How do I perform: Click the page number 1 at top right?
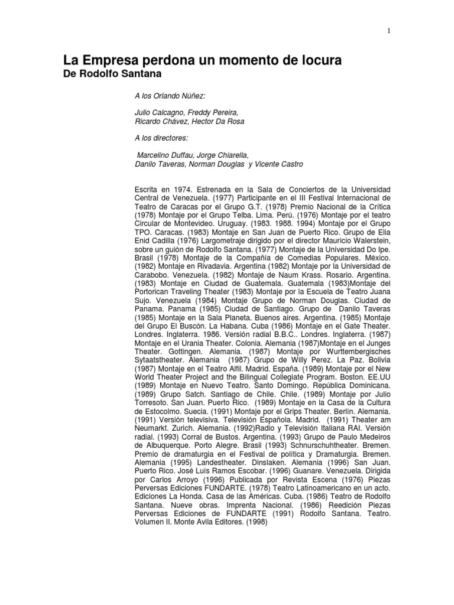click(389, 31)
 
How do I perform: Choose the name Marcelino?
click(157, 155)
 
